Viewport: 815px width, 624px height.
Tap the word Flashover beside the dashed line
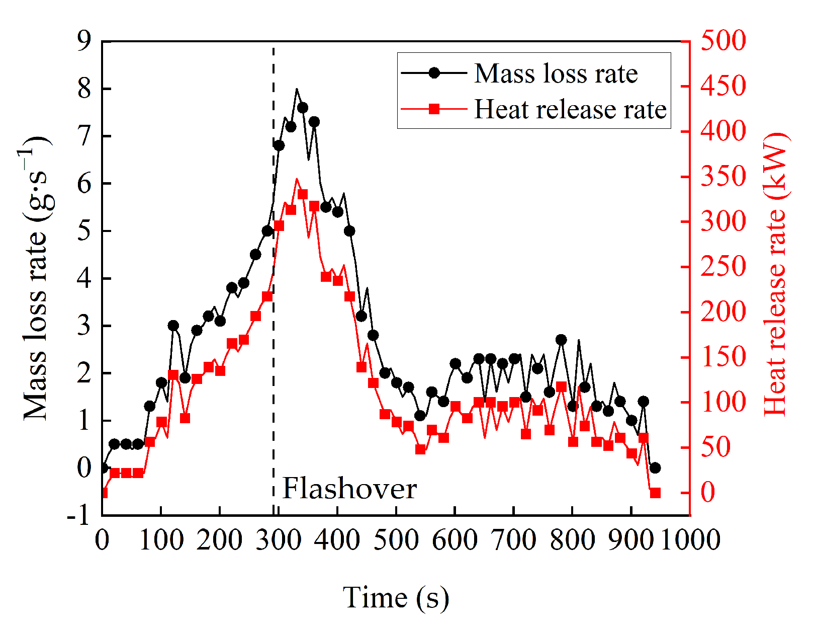tap(349, 488)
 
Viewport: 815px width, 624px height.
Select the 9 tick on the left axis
tap(84, 41)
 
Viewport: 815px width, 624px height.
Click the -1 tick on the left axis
tap(78, 515)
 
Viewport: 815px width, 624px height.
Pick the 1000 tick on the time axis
tap(690, 540)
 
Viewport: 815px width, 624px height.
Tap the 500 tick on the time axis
tap(396, 540)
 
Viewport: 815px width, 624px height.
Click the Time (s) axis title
tap(396, 597)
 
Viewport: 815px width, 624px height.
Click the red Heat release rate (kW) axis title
tap(775, 274)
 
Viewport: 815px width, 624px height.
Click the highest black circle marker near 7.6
tap(302, 108)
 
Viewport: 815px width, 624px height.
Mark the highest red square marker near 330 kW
tap(302, 194)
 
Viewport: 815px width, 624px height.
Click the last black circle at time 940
tap(655, 468)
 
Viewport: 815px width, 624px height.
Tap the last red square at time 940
tap(655, 493)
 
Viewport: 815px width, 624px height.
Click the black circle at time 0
tap(103, 468)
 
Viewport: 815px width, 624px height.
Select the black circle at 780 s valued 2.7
tap(561, 340)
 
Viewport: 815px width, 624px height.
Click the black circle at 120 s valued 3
tap(173, 326)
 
